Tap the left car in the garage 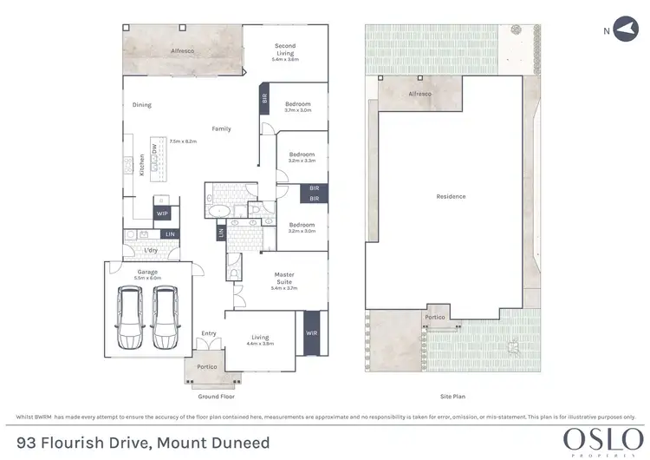[129, 317]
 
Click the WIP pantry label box [161, 213]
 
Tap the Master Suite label [285, 278]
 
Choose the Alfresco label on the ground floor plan [181, 52]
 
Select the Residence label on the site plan [451, 196]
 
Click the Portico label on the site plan [434, 318]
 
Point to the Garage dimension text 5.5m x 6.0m [146, 278]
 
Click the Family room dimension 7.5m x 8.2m [183, 141]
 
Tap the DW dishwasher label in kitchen [155, 149]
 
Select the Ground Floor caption [216, 395]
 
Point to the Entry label [209, 332]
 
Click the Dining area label [141, 105]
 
